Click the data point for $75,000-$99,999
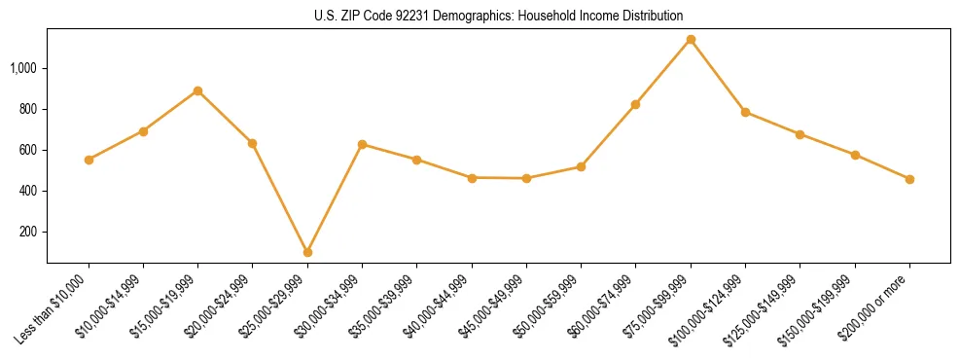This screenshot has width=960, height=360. pos(691,40)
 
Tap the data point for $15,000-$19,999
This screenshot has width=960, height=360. pos(197,91)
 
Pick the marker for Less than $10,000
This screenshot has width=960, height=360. pos(89,160)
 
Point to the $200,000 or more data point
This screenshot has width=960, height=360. pos(909,179)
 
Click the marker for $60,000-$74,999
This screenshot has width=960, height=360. pos(636,104)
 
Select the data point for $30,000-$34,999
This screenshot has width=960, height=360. pos(362,144)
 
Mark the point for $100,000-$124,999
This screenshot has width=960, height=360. pos(745,112)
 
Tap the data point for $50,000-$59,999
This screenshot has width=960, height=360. pos(581,166)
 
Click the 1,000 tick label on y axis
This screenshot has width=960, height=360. pos(23,68)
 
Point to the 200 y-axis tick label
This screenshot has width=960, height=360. pos(28,232)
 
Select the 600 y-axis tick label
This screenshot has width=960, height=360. pos(28,150)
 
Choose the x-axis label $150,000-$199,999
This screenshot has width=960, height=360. pos(822,306)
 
